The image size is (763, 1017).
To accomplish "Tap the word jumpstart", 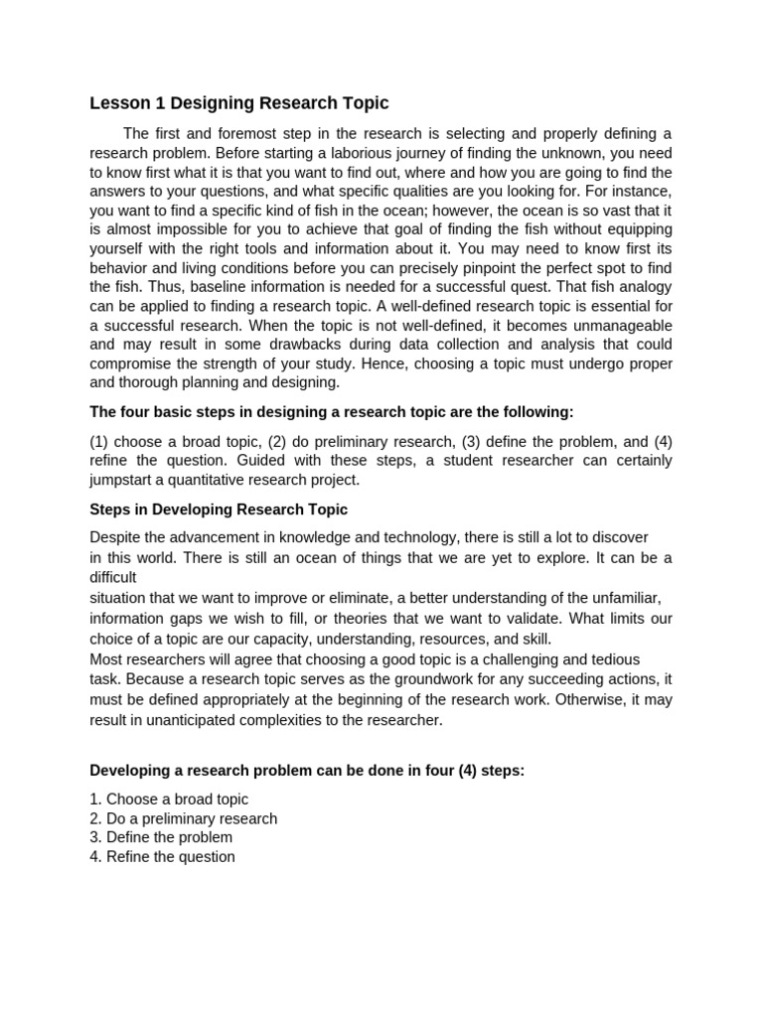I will pos(124,480).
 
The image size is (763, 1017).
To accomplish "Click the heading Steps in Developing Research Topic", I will pos(219,509).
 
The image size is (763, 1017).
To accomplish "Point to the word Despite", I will pos(115,538).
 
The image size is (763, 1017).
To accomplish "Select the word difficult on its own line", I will pos(113,577).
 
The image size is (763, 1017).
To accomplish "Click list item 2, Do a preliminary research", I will pos(184,818).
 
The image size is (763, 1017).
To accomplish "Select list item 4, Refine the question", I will pos(163,856).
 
